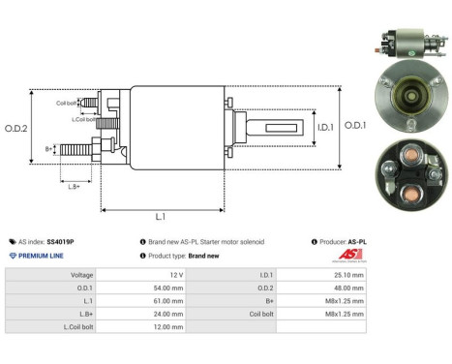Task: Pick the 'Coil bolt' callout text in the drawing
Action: [66, 102]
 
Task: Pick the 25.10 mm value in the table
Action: [347, 275]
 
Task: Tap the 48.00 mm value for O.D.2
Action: [347, 288]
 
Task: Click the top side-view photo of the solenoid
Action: [404, 42]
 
